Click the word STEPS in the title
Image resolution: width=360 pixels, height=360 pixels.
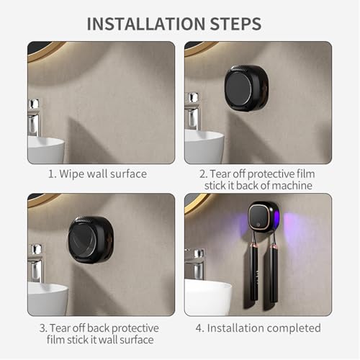pos(235,23)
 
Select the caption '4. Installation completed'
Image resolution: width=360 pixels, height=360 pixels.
pos(258,328)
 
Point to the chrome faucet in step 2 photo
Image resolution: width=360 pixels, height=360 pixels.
pos(192,112)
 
